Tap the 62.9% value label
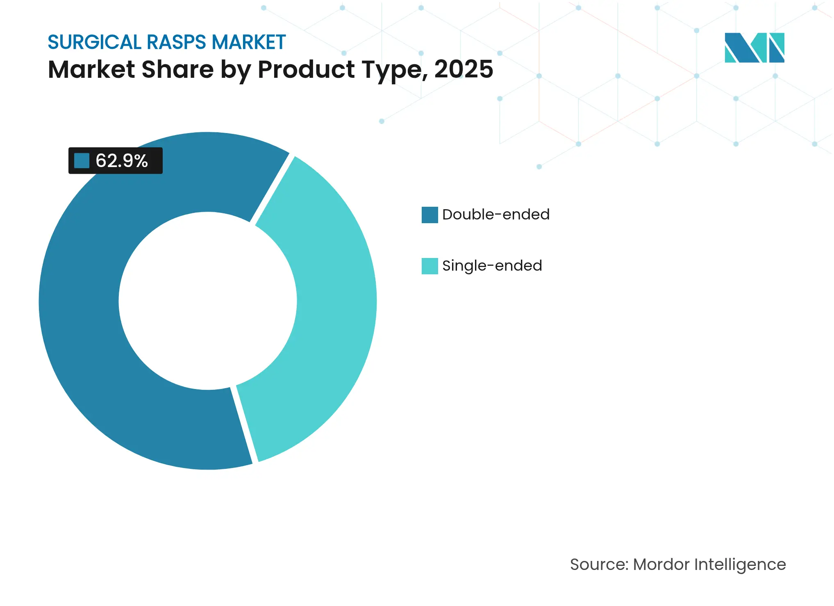point(122,161)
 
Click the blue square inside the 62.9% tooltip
point(82,161)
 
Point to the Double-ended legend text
point(496,215)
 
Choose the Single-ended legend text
point(492,266)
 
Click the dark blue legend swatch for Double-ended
point(429,215)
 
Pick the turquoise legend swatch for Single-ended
point(429,266)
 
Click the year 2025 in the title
point(464,69)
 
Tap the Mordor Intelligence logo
point(754,47)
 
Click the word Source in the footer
point(599,565)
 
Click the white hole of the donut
point(208,301)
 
